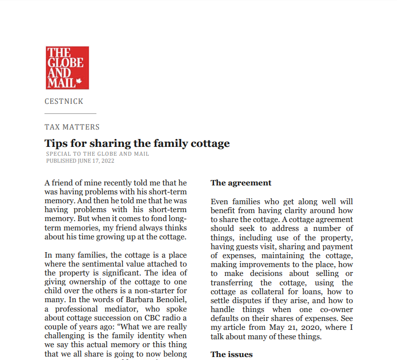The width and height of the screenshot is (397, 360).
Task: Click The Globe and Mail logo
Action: (67, 68)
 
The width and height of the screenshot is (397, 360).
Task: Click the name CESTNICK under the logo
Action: (64, 101)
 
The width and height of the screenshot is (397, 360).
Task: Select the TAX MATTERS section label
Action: (72, 127)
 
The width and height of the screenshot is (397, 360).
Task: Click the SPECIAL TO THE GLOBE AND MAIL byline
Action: (97, 154)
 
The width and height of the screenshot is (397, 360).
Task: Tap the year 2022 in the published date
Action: (107, 161)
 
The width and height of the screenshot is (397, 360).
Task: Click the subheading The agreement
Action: (241, 183)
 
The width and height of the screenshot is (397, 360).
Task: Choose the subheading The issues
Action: (231, 354)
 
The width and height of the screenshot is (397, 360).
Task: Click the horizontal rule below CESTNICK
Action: (70, 114)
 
